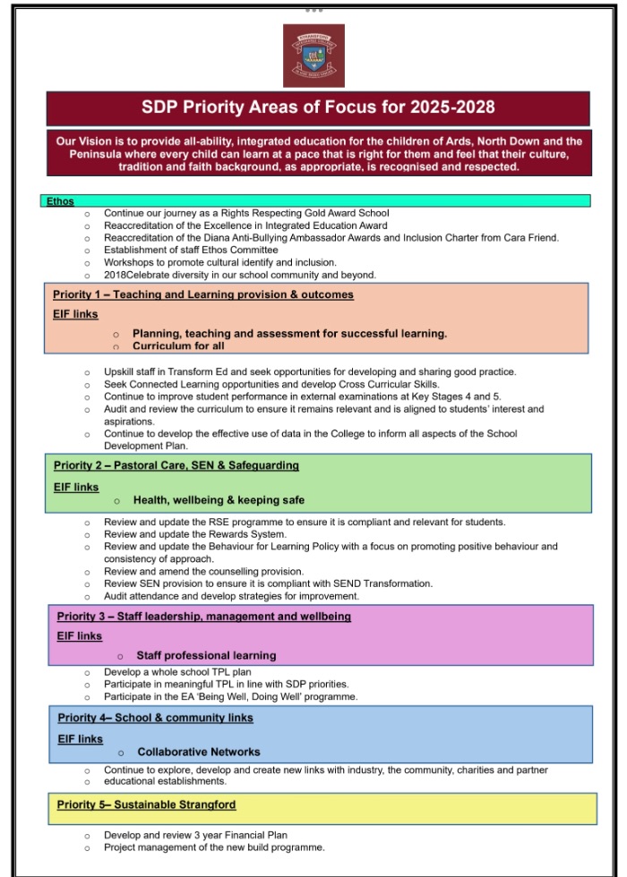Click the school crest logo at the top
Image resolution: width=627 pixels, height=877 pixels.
313,55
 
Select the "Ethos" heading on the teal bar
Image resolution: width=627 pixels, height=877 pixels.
59,201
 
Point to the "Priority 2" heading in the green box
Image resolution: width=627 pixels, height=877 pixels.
81,465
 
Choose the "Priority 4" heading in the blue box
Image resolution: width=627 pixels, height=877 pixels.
83,718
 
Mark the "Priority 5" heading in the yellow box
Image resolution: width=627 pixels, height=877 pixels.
83,805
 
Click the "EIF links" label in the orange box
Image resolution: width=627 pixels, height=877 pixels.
75,314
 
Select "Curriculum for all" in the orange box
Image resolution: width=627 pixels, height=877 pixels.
178,345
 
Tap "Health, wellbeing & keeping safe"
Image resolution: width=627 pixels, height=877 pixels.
219,500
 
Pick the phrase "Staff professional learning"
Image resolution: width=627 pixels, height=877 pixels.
206,655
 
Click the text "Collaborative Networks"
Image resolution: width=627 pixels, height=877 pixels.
199,752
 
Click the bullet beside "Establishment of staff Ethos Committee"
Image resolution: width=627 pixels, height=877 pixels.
87,251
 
